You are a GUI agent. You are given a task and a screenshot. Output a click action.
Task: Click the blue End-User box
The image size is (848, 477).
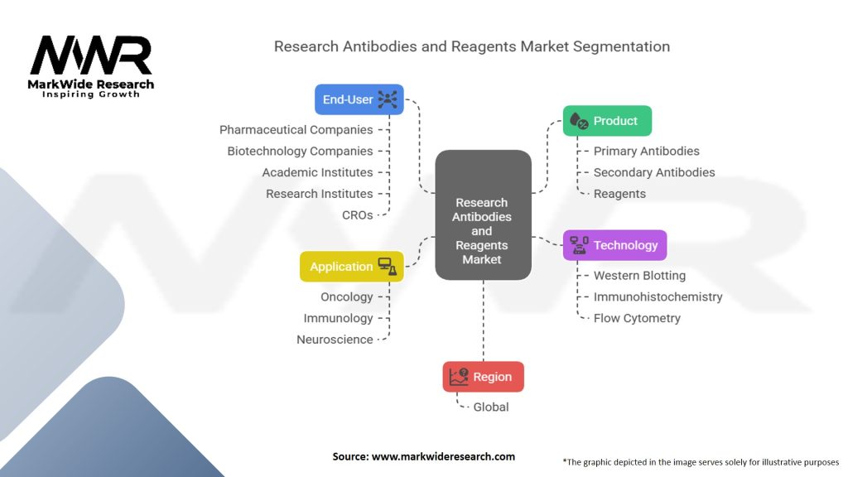click(359, 99)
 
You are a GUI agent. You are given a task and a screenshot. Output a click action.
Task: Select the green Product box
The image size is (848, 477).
click(607, 121)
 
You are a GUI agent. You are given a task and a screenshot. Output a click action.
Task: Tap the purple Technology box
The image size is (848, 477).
click(614, 245)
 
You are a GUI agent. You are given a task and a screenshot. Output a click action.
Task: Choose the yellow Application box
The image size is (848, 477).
click(351, 267)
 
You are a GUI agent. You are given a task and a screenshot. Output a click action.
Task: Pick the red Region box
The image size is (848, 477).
click(483, 377)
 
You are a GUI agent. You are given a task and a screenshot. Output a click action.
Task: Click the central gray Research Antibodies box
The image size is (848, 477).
click(482, 215)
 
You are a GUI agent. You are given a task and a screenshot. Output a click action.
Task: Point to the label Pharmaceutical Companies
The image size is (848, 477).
click(296, 130)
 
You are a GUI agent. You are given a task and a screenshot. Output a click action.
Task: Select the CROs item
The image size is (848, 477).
click(358, 214)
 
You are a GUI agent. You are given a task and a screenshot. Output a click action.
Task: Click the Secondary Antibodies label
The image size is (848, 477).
click(654, 172)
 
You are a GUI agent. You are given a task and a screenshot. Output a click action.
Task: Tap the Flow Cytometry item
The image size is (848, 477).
click(637, 318)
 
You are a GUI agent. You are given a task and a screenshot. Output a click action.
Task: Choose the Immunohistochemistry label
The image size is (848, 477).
click(658, 296)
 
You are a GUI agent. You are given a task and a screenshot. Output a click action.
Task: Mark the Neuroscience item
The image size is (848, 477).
click(335, 340)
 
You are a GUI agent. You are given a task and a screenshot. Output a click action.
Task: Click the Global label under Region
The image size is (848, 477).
click(491, 407)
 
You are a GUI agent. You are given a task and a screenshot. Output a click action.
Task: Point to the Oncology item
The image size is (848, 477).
click(346, 296)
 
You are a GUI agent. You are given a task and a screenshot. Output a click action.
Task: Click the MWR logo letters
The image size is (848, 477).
click(91, 56)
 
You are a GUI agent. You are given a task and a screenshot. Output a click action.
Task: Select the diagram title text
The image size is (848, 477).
click(472, 46)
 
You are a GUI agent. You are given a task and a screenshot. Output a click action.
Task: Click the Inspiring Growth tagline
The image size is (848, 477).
click(91, 94)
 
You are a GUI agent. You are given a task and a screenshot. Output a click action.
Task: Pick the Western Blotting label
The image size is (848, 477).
click(639, 275)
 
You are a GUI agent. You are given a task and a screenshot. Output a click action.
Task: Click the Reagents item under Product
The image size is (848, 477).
click(619, 194)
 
